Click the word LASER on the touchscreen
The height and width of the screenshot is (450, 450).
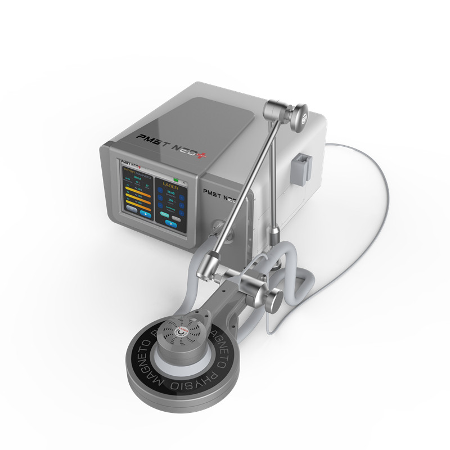pyautogui.click(x=169, y=183)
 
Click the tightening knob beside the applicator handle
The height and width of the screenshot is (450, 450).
pyautogui.click(x=273, y=301)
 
